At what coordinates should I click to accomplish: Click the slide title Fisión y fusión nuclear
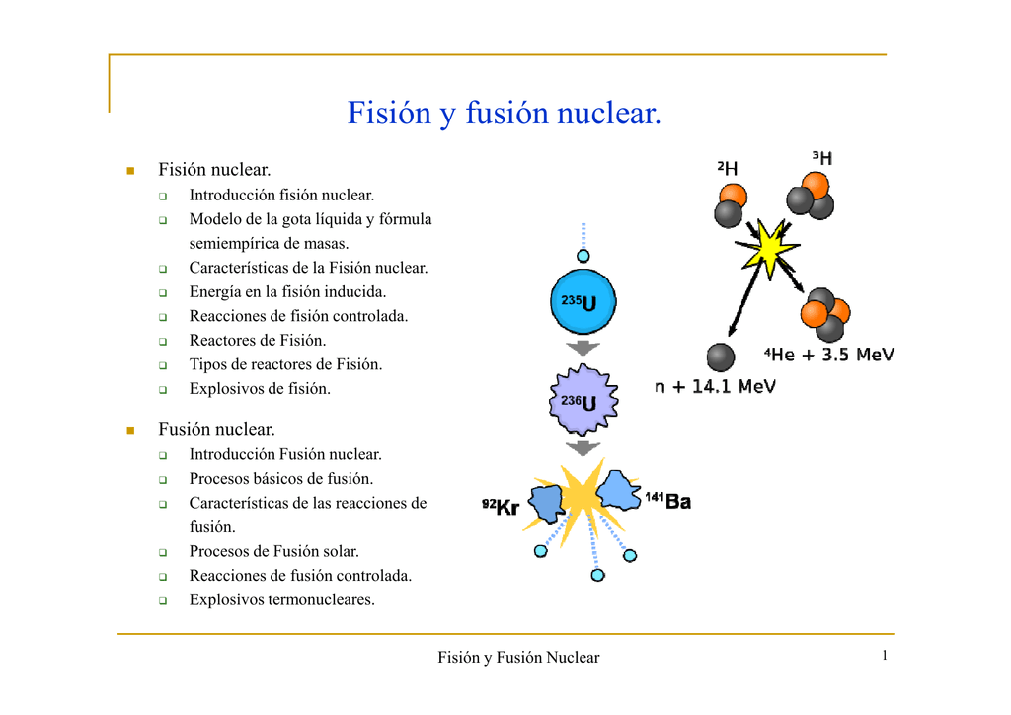(x=504, y=114)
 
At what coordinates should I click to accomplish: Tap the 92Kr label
(x=501, y=507)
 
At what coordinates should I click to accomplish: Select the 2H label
(x=728, y=169)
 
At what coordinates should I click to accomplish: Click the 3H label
(x=821, y=158)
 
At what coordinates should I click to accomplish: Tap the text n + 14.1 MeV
(x=715, y=387)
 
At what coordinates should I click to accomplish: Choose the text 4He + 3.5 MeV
(x=829, y=355)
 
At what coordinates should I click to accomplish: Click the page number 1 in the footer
(x=886, y=656)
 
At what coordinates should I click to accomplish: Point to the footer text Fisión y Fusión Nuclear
(x=518, y=658)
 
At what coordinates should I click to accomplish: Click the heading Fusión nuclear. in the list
(x=216, y=430)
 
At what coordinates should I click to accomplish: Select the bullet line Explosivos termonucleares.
(x=281, y=599)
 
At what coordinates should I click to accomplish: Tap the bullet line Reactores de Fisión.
(x=257, y=341)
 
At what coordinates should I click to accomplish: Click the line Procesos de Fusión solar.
(x=273, y=551)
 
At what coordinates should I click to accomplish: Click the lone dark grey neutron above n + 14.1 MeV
(x=721, y=357)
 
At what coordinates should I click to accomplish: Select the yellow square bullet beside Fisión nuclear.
(x=128, y=172)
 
